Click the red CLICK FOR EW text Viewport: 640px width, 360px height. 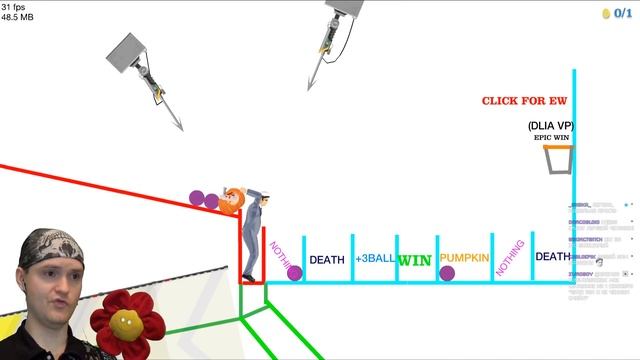pos(524,101)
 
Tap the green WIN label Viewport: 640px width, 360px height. pos(415,260)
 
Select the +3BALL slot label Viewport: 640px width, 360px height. pos(375,258)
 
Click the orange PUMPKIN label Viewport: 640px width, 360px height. pos(464,258)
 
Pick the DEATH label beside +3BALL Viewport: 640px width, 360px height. pos(326,260)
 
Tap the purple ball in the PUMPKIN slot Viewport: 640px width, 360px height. pos(447,273)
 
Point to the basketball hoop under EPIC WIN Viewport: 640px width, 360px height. pos(558,160)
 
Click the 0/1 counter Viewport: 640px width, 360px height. pos(624,13)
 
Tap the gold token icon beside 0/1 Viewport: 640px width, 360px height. pos(606,13)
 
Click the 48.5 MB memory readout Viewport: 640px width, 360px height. pos(17,17)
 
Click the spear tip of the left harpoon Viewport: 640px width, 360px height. pos(179,127)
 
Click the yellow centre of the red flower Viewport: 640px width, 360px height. pos(125,321)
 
